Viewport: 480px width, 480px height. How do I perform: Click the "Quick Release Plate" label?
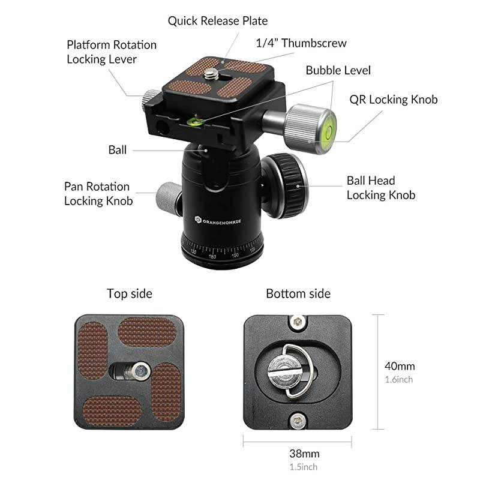click(x=217, y=21)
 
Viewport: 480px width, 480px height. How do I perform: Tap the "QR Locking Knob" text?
click(x=393, y=100)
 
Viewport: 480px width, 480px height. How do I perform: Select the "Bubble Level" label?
click(x=338, y=70)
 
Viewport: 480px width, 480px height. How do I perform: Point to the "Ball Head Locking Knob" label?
click(x=380, y=187)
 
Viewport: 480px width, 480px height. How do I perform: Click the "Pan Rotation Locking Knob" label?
click(x=98, y=194)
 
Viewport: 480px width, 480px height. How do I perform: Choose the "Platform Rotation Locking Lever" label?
click(x=111, y=52)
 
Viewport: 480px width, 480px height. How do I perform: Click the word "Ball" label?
click(x=118, y=150)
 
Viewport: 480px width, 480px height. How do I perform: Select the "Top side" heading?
click(x=130, y=293)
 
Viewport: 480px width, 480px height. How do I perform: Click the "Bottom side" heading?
click(x=298, y=293)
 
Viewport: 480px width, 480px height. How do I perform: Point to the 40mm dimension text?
click(x=400, y=366)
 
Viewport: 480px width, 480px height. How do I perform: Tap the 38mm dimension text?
click(x=304, y=453)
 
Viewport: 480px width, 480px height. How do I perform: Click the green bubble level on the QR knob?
click(x=328, y=128)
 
